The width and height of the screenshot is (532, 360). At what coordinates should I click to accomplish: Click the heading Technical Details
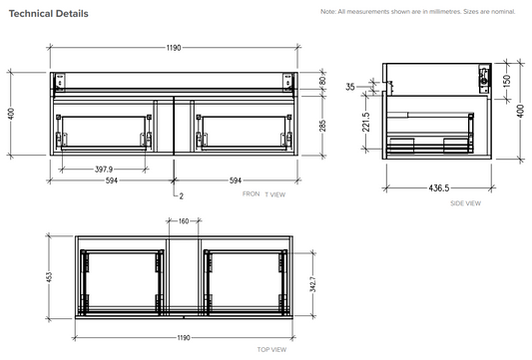pos(48,14)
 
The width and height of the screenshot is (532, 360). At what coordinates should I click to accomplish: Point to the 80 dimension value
pos(321,82)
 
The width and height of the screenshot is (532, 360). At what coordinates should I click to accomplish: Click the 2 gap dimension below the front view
pos(182,196)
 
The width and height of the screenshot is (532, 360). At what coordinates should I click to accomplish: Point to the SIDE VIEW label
pos(466,202)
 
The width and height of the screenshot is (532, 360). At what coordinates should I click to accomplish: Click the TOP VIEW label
pos(271,350)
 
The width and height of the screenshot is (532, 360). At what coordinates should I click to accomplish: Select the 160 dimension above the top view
pos(183,221)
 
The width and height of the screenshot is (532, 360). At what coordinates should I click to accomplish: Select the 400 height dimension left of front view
pos(11,114)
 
